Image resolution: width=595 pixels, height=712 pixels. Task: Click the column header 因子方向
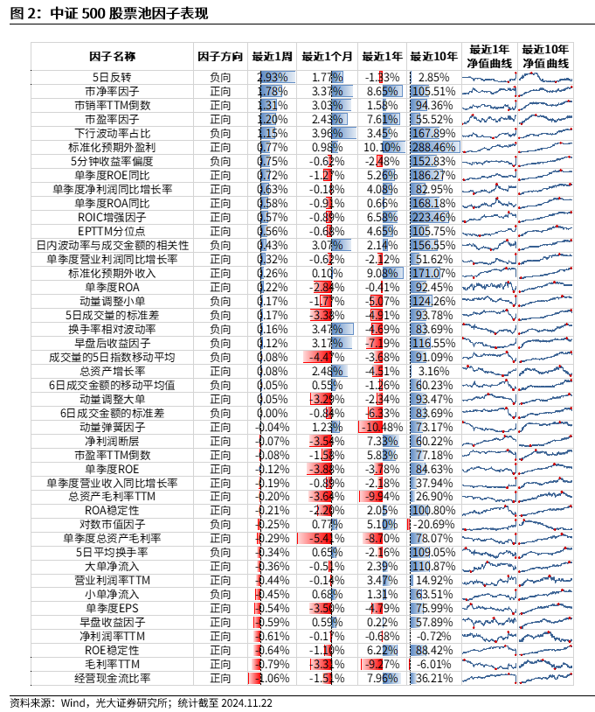(220, 56)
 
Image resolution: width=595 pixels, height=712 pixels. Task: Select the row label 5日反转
(113, 78)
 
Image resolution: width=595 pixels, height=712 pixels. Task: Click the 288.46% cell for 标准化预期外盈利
(433, 147)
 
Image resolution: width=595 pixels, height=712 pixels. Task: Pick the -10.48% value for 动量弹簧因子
(384, 427)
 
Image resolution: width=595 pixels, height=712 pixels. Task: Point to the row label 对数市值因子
(113, 524)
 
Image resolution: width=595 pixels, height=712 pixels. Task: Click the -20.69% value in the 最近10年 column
(433, 524)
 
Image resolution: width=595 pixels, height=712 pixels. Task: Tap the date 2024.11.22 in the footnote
(248, 702)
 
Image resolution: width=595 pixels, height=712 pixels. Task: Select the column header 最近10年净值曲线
(544, 56)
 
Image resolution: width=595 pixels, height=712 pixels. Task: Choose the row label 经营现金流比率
(113, 678)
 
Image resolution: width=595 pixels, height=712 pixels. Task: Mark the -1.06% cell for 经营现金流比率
(273, 678)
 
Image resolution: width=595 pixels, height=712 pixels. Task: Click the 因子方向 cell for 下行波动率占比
(220, 133)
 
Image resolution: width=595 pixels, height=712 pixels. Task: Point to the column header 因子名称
(113, 56)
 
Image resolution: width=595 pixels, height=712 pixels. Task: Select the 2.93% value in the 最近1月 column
(273, 78)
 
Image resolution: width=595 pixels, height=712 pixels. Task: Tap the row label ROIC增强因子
(113, 217)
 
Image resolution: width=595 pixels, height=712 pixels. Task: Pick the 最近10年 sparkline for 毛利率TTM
(544, 664)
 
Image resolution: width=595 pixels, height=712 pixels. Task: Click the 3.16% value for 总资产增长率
(433, 371)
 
